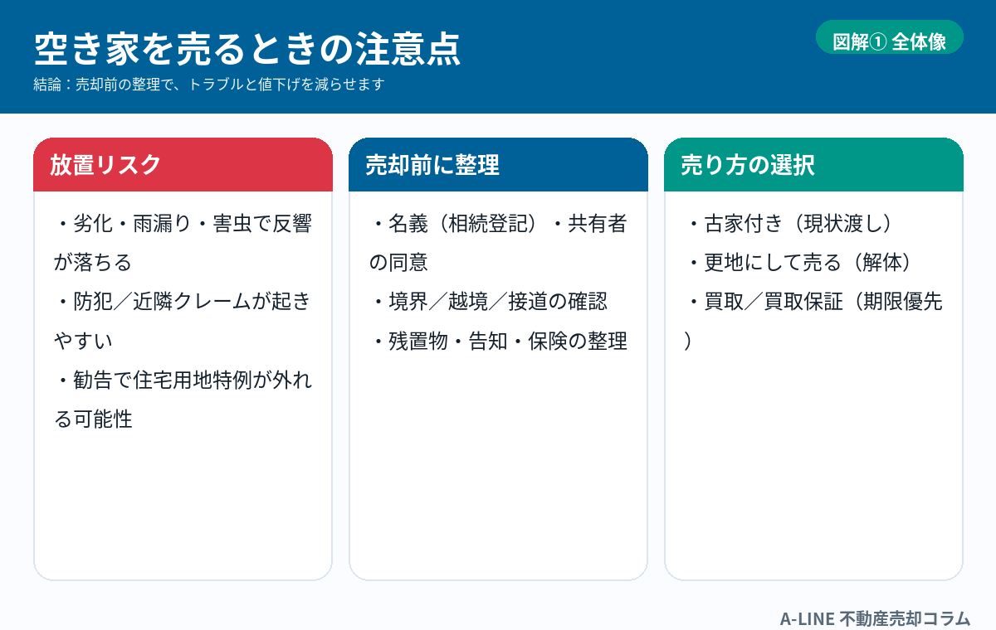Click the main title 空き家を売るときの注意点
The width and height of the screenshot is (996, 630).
pyautogui.click(x=247, y=49)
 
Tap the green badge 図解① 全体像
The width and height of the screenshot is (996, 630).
pyautogui.click(x=889, y=37)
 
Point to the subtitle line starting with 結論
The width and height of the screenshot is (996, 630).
pyautogui.click(x=209, y=85)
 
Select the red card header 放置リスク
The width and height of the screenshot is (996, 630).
pyautogui.click(x=183, y=165)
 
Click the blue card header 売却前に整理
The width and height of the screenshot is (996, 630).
pyautogui.click(x=498, y=165)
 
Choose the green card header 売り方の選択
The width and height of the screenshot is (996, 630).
pyautogui.click(x=813, y=165)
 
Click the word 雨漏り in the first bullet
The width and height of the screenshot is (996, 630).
pyautogui.click(x=162, y=223)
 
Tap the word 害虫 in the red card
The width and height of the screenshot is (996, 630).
pyautogui.click(x=232, y=223)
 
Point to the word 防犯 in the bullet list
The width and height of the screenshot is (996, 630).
pyautogui.click(x=93, y=302)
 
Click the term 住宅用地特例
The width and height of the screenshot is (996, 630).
pyautogui.click(x=192, y=380)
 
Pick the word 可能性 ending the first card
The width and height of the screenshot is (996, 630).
pyautogui.click(x=103, y=419)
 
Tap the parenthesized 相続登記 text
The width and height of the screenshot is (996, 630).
pyautogui.click(x=487, y=223)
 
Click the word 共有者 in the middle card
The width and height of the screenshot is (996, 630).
pyautogui.click(x=597, y=223)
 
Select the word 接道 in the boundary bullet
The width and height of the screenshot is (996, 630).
pyautogui.click(x=528, y=302)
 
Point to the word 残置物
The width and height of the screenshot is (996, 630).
pyautogui.click(x=418, y=341)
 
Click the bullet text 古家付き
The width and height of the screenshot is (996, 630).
pyautogui.click(x=744, y=223)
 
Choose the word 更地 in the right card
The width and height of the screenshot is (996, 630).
pyautogui.click(x=724, y=263)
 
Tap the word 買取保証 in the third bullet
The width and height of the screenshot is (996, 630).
pyautogui.click(x=803, y=302)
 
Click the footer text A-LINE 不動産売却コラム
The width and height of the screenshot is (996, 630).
pyautogui.click(x=875, y=618)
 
